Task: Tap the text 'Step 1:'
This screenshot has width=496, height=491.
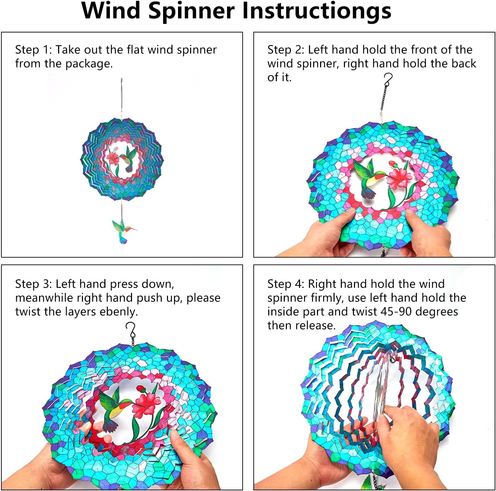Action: [x=34, y=50]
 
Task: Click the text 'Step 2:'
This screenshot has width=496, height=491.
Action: [x=286, y=50]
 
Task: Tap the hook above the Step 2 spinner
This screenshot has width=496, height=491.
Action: [x=389, y=79]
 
